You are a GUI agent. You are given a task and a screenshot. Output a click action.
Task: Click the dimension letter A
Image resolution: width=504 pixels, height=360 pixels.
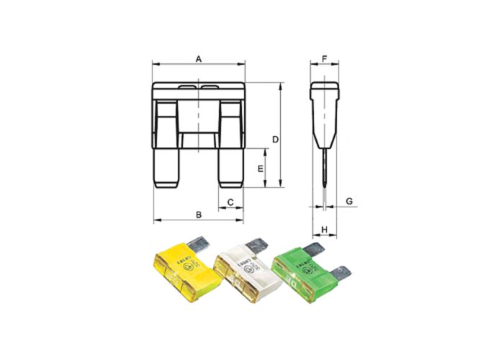point(199,58)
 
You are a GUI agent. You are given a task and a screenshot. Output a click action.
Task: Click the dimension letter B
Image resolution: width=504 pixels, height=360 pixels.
point(199,214)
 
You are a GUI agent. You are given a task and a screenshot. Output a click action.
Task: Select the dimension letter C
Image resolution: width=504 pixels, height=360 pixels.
point(230,202)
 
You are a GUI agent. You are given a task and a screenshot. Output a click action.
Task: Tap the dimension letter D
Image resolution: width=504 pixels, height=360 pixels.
point(274,138)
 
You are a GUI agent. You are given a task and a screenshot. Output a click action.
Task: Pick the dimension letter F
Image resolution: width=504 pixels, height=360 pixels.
point(325,58)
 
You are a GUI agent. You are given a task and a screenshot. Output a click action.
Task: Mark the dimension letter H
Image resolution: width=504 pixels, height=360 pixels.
point(325,230)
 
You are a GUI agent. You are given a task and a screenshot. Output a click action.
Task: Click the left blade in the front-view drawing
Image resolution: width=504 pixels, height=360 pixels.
point(167,166)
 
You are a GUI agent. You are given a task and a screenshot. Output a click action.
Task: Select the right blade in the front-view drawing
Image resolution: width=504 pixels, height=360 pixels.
point(230,166)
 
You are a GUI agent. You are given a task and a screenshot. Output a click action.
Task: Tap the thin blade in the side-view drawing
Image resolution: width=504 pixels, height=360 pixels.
point(325,169)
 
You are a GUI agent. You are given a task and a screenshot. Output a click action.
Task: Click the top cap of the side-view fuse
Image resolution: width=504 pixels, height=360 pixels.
point(325,91)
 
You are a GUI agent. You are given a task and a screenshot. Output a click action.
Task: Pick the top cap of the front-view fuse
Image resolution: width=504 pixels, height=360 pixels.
point(199,91)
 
